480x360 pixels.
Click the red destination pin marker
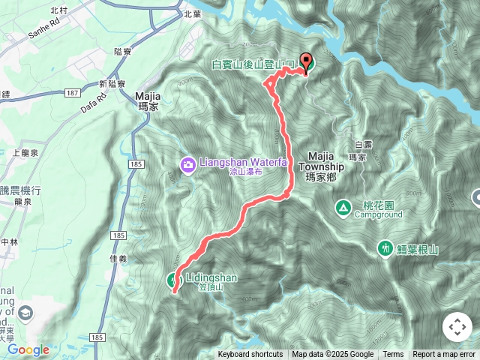click(306, 63)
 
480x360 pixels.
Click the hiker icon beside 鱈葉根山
click(385, 247)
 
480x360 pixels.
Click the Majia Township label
click(325, 161)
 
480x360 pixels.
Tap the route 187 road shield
click(72, 92)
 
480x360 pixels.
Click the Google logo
click(28, 349)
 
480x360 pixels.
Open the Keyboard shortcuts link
click(250, 355)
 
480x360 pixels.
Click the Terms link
click(393, 355)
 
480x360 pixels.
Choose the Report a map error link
click(444, 355)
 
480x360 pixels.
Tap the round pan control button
click(457, 327)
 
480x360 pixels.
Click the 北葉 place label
click(192, 13)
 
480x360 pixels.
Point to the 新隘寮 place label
click(113, 83)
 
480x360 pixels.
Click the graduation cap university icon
click(26, 312)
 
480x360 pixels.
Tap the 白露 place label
click(362, 144)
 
